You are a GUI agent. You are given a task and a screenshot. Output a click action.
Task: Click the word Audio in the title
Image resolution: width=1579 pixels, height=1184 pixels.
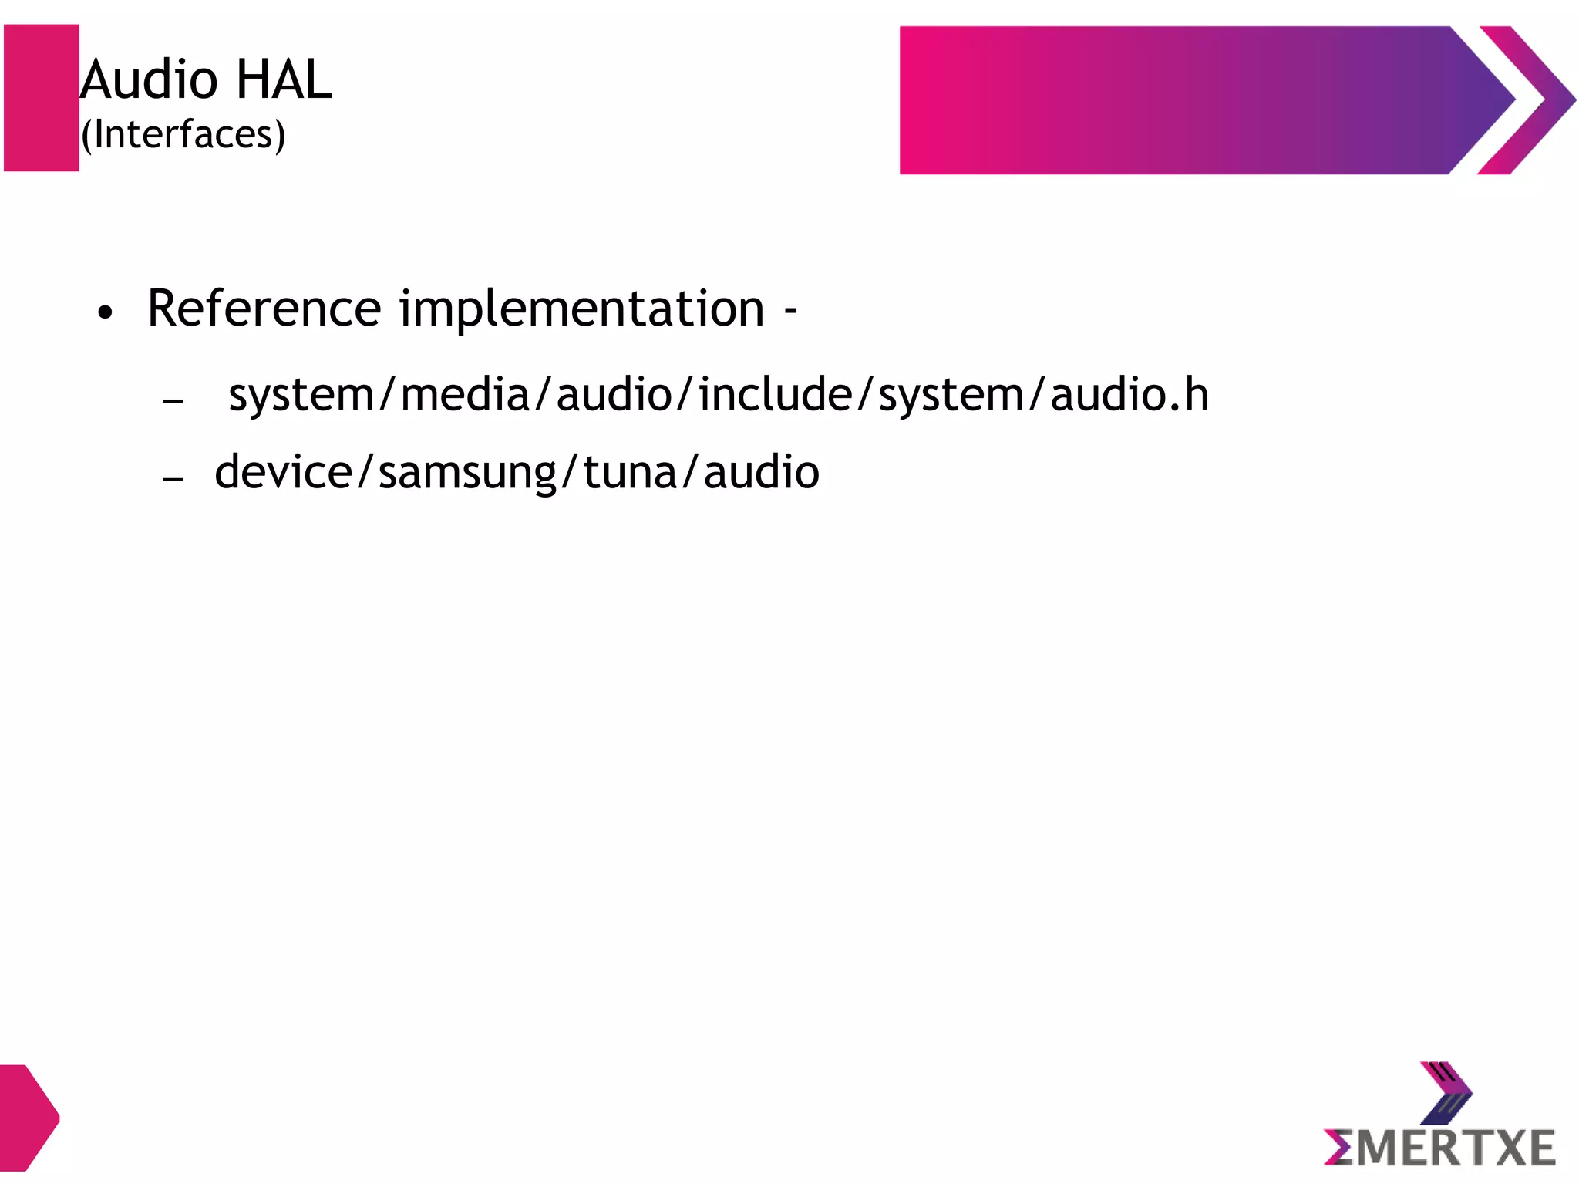(150, 79)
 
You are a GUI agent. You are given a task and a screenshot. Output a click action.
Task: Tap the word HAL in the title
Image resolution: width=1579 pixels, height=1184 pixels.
(283, 79)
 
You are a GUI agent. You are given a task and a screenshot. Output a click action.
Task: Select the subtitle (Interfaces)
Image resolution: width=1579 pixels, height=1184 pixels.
(183, 135)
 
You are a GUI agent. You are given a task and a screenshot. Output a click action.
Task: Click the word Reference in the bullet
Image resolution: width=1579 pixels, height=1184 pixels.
(264, 309)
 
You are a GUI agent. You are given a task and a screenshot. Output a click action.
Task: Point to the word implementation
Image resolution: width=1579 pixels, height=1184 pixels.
(581, 309)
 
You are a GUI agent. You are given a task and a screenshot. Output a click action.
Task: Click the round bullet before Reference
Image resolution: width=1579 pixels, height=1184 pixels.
(106, 312)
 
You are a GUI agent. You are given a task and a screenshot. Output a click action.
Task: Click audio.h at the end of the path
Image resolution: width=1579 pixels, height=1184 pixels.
(1129, 395)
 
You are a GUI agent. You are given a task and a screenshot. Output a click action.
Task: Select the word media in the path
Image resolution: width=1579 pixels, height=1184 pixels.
(465, 395)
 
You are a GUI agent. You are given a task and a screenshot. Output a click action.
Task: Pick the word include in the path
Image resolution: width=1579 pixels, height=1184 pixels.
(775, 395)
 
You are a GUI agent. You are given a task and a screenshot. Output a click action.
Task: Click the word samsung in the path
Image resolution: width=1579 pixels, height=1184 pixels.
(467, 473)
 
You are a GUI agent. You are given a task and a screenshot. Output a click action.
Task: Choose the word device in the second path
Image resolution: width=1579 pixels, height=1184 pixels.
(283, 473)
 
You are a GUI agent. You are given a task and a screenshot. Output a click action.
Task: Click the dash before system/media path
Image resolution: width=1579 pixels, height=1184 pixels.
(173, 401)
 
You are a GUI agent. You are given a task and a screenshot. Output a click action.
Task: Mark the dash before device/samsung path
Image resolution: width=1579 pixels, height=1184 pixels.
(173, 478)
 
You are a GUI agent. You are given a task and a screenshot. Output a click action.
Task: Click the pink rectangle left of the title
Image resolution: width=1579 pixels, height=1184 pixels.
(42, 98)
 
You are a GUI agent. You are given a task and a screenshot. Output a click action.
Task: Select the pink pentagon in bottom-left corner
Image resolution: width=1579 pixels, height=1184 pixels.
(28, 1117)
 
